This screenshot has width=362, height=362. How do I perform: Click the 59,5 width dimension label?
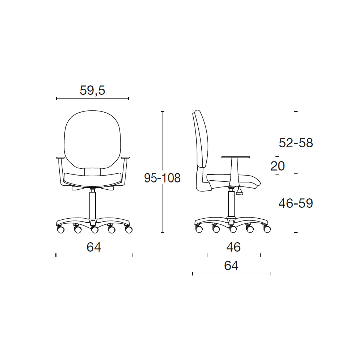coord(92,90)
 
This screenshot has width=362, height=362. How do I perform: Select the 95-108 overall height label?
coord(162,178)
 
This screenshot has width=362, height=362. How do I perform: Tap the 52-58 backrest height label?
coord(296,143)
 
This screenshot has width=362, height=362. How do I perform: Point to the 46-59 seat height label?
coord(296,203)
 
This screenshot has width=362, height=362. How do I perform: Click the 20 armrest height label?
coord(277,166)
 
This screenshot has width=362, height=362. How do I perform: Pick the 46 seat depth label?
coord(233,247)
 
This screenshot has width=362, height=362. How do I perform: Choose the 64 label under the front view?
coord(94,247)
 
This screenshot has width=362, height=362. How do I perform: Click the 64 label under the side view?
coord(231,265)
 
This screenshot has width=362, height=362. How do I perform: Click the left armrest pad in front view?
coord(60,158)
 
